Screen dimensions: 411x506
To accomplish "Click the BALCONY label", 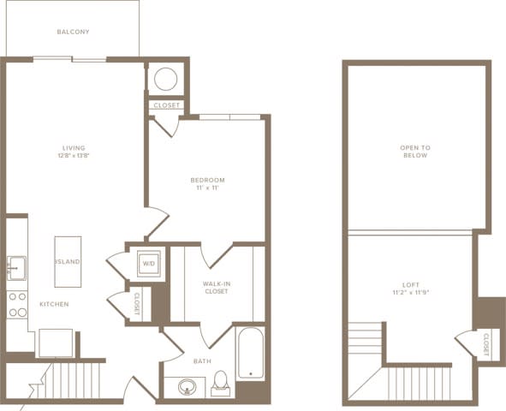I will [73, 33].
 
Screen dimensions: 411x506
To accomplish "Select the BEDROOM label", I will [207, 180].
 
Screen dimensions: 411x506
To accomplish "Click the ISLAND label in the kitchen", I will [68, 261].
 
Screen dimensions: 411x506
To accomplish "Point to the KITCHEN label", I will [53, 304].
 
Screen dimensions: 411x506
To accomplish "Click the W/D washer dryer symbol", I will [148, 264].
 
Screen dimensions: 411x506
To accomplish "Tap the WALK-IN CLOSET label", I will [215, 287].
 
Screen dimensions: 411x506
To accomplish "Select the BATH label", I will [202, 361].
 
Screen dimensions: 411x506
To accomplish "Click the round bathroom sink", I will [188, 387].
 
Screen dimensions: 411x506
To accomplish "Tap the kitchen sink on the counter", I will [16, 268].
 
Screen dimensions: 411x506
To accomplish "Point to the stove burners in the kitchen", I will [17, 305].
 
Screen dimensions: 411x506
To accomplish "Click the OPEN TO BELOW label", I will [415, 152].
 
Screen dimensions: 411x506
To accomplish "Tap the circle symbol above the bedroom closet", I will [165, 80].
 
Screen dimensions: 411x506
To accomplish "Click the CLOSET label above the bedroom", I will [165, 106].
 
